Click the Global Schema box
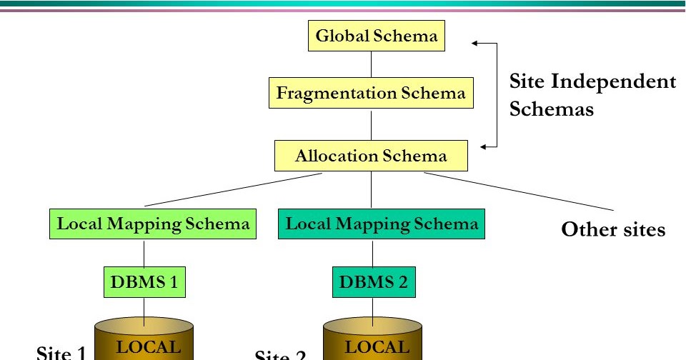coord(376,36)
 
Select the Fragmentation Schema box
coord(371,93)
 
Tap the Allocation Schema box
coord(371,156)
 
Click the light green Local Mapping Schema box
coord(154,224)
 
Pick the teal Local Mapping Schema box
coord(382,224)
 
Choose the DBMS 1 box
coord(144,282)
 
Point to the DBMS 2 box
coord(373,282)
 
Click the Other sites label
coord(613,230)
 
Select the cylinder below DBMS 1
coord(145,339)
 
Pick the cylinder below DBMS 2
coord(373,339)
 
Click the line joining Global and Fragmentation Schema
coord(371,64)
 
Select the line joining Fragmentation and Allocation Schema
coord(371,124)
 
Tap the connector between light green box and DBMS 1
coord(144,254)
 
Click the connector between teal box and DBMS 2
coord(373,254)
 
